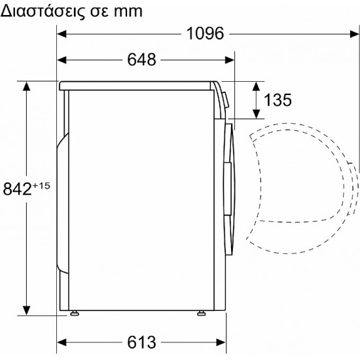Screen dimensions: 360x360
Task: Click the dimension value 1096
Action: pos(206,33)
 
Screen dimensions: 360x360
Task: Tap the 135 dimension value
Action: pos(278,100)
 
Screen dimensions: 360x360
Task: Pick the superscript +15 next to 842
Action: pos(41,186)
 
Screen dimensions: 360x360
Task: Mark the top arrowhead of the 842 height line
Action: pos(27,85)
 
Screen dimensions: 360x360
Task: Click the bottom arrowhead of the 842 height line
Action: pos(27,310)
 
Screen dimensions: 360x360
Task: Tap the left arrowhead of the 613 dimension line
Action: pos(62,341)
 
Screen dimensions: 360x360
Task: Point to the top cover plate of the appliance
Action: pos(137,85)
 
